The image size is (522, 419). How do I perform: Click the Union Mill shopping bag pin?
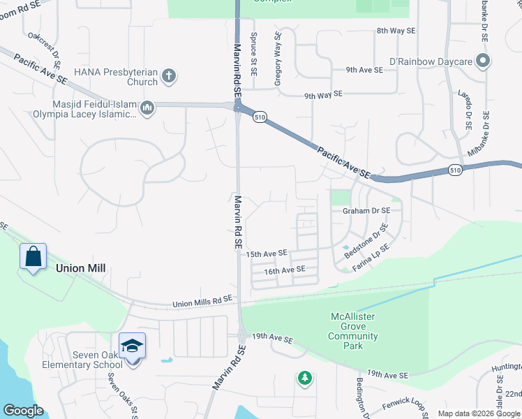tap(33, 256)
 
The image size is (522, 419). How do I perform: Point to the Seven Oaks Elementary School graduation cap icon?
tap(131, 346)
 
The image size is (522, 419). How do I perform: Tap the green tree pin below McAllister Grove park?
tap(304, 378)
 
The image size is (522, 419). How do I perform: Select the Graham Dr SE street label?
tap(365, 209)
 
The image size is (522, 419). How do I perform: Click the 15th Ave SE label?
tap(267, 253)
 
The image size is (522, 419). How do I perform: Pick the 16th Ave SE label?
tap(285, 269)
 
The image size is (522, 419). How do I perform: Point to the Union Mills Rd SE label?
tap(202, 300)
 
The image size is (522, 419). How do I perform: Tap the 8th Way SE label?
tap(396, 31)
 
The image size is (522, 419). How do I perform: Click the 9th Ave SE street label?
tap(364, 70)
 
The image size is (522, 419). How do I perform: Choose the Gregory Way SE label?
tap(278, 59)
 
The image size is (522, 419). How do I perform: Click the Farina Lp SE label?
tap(370, 257)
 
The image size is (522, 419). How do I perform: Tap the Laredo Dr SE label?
tap(464, 110)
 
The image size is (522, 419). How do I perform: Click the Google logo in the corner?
tap(23, 411)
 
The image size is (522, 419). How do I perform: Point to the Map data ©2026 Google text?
tap(478, 413)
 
